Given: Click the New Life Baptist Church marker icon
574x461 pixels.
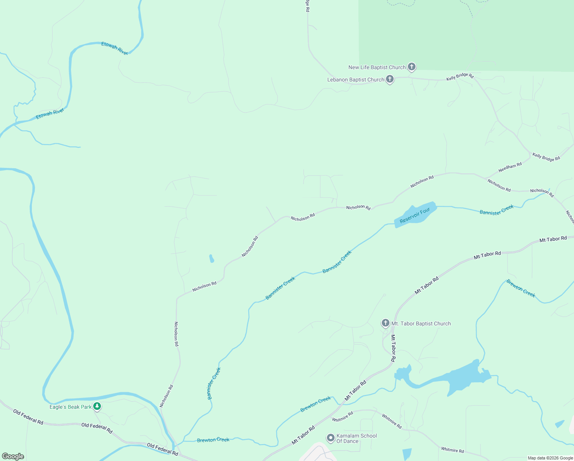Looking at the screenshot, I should click(411, 67).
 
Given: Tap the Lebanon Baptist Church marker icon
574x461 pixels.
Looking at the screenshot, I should click(389, 79).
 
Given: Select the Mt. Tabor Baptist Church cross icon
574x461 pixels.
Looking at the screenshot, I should click(385, 323).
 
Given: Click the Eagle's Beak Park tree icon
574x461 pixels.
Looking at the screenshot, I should click(97, 406).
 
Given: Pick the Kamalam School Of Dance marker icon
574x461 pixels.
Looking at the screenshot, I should click(330, 438).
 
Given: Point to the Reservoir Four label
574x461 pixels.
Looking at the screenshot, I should click(415, 216).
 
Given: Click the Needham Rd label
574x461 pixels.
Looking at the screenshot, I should click(510, 167).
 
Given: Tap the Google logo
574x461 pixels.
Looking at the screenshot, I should click(13, 456).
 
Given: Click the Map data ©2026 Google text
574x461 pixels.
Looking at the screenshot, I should click(550, 458).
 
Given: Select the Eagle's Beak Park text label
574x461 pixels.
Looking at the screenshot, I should click(71, 407).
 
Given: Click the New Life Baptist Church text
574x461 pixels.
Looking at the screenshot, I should click(377, 67).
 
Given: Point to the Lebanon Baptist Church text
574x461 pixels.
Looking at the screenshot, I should click(356, 80).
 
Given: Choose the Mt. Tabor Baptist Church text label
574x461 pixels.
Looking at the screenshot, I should click(421, 323).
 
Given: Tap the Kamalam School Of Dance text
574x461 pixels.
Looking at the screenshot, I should click(356, 438).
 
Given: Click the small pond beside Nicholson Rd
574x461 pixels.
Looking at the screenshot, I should click(211, 259).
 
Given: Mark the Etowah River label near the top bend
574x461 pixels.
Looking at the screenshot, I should click(114, 48).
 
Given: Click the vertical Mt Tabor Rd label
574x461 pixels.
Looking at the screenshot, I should click(393, 348).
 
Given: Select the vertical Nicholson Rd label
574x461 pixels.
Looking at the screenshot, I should click(176, 334).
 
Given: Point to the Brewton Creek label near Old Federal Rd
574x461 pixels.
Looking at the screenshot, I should click(213, 439).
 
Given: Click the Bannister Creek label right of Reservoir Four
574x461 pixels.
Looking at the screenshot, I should click(496, 210).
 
